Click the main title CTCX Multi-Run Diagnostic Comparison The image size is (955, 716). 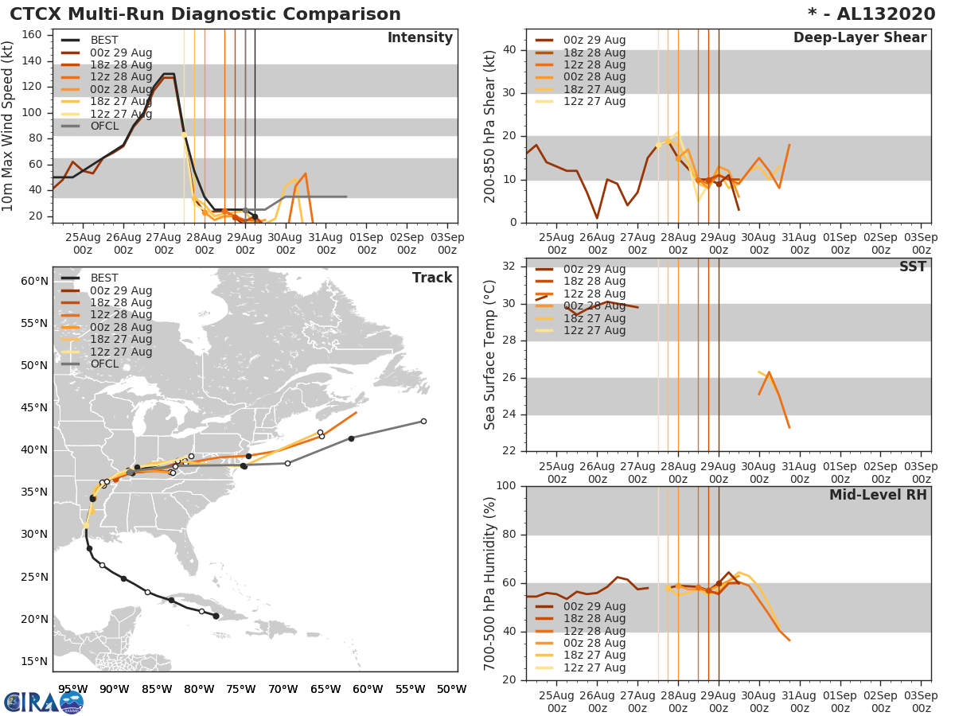tap(205, 14)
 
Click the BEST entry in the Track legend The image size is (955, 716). tap(104, 278)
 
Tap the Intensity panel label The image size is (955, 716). tap(419, 38)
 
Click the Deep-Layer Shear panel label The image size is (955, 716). tap(859, 38)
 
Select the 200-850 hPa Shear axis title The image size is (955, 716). tap(490, 126)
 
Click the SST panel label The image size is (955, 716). tap(913, 267)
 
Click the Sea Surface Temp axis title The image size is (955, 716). tap(490, 355)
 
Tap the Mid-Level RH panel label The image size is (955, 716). tap(878, 495)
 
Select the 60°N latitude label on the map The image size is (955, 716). tap(34, 281)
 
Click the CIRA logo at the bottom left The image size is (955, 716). tap(43, 702)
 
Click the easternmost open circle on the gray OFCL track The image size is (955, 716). tap(423, 421)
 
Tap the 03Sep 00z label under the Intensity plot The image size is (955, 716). tap(447, 243)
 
